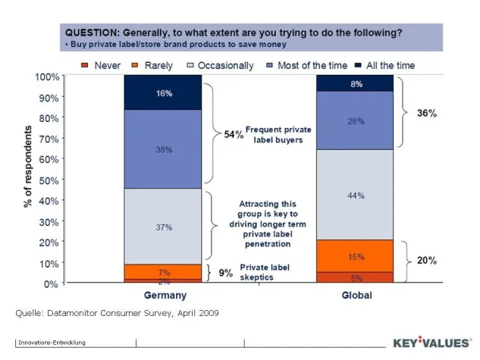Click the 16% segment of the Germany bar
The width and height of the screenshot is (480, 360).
click(164, 92)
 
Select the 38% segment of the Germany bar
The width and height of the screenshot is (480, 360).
click(164, 149)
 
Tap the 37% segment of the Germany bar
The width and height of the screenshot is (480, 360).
click(164, 227)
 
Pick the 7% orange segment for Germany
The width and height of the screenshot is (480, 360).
click(164, 271)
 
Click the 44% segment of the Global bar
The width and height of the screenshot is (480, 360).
click(354, 195)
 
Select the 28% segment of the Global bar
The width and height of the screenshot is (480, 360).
click(354, 120)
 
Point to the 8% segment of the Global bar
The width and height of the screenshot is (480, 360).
click(354, 83)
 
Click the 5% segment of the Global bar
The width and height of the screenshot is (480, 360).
click(354, 277)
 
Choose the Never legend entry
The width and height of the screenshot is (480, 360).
click(102, 66)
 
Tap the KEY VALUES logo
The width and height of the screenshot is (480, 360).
click(429, 343)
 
